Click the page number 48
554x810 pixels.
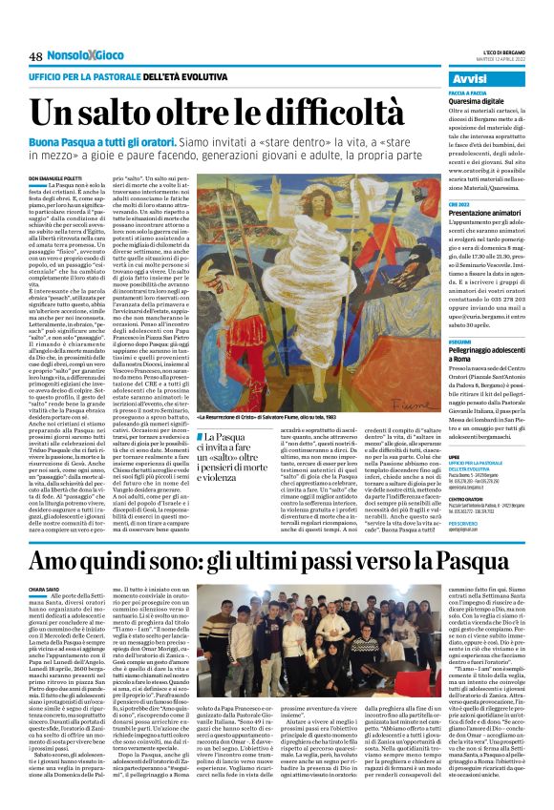pyautogui.click(x=35, y=59)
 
